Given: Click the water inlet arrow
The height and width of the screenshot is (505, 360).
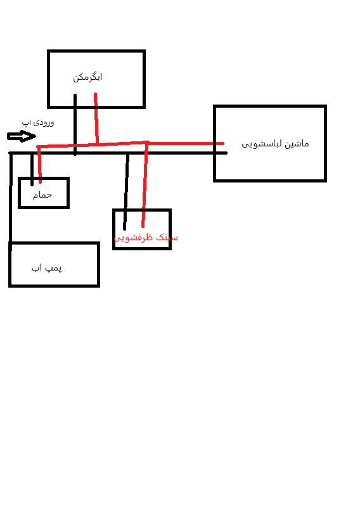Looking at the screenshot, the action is (22, 136).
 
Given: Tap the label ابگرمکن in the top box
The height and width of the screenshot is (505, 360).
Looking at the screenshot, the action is (87, 77).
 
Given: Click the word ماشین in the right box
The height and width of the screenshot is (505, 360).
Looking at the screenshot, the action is (297, 144).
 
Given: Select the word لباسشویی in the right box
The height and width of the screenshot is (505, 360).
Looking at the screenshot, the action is (262, 144).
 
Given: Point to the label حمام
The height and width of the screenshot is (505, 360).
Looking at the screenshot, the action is (42, 195).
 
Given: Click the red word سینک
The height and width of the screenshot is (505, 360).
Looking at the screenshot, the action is (167, 238).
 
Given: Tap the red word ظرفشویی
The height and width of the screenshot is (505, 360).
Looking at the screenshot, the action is (134, 238).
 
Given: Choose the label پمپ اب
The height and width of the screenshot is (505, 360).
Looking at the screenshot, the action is (47, 268).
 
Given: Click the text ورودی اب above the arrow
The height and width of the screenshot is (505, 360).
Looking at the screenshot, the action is (38, 123).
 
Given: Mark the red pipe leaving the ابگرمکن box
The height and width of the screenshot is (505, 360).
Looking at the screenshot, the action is (96, 118).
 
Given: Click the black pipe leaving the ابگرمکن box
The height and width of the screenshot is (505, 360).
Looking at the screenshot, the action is (75, 124).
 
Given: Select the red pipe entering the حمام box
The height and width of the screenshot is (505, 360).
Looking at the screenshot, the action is (39, 165).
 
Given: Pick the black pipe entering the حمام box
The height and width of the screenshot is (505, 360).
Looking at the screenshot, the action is (32, 169).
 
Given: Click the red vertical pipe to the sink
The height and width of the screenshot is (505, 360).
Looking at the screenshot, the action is (145, 184).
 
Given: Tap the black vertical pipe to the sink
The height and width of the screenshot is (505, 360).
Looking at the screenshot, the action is (126, 191).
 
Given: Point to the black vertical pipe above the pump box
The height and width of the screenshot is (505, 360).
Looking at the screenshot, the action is (11, 198).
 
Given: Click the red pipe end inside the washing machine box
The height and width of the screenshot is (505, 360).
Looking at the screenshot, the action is (222, 143).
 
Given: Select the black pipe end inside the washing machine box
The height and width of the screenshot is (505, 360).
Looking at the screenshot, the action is (226, 153).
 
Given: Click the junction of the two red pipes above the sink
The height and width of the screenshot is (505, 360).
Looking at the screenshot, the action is (146, 143).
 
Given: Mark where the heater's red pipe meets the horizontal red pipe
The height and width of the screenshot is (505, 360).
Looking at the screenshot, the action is (97, 144).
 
